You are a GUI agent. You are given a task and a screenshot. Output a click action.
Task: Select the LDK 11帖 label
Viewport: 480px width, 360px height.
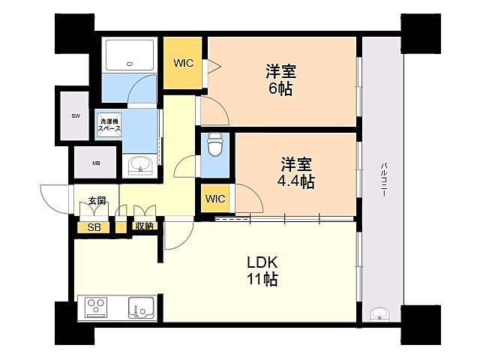pyautogui.click(x=263, y=271)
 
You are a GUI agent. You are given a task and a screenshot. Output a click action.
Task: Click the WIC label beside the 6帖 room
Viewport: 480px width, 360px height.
pyautogui.click(x=184, y=63)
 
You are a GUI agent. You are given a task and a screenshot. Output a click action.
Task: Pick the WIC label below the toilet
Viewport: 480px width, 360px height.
pyautogui.click(x=215, y=199)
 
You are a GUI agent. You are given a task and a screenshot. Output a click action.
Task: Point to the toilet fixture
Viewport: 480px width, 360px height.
pyautogui.click(x=215, y=145)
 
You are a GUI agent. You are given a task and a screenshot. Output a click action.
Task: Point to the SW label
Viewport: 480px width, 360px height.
pyautogui.click(x=76, y=115)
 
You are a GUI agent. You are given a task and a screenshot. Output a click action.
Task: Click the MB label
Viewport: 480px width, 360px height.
pyautogui.click(x=96, y=162)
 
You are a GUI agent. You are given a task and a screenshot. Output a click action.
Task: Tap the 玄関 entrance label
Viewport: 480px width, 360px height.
pyautogui.click(x=96, y=201)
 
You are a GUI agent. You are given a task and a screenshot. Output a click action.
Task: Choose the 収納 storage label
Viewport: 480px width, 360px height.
pyautogui.click(x=144, y=226)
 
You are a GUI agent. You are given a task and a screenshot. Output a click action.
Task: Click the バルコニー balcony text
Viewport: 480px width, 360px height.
pyautogui.click(x=383, y=180)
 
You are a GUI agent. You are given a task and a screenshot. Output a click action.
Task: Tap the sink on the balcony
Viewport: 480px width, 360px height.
pyautogui.click(x=379, y=313)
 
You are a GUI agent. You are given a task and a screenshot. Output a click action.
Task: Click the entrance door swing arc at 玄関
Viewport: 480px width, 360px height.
pyautogui.click(x=55, y=201)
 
